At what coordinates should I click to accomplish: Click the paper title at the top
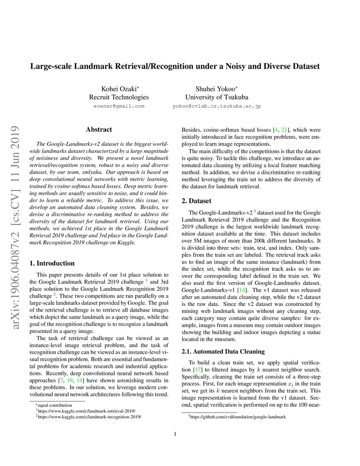[x=175, y=67]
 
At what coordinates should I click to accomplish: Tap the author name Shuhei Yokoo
[x=216, y=89]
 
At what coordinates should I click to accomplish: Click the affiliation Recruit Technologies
[x=119, y=97]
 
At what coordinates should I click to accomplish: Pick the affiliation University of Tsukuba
[x=217, y=97]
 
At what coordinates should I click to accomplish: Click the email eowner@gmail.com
[x=119, y=106]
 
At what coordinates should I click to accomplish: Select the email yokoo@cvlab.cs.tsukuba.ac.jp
[x=217, y=106]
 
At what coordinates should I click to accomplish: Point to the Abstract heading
[x=99, y=130]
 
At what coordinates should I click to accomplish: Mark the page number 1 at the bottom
[x=175, y=434]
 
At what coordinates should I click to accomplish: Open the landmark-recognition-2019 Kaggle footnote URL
[x=89, y=416]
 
